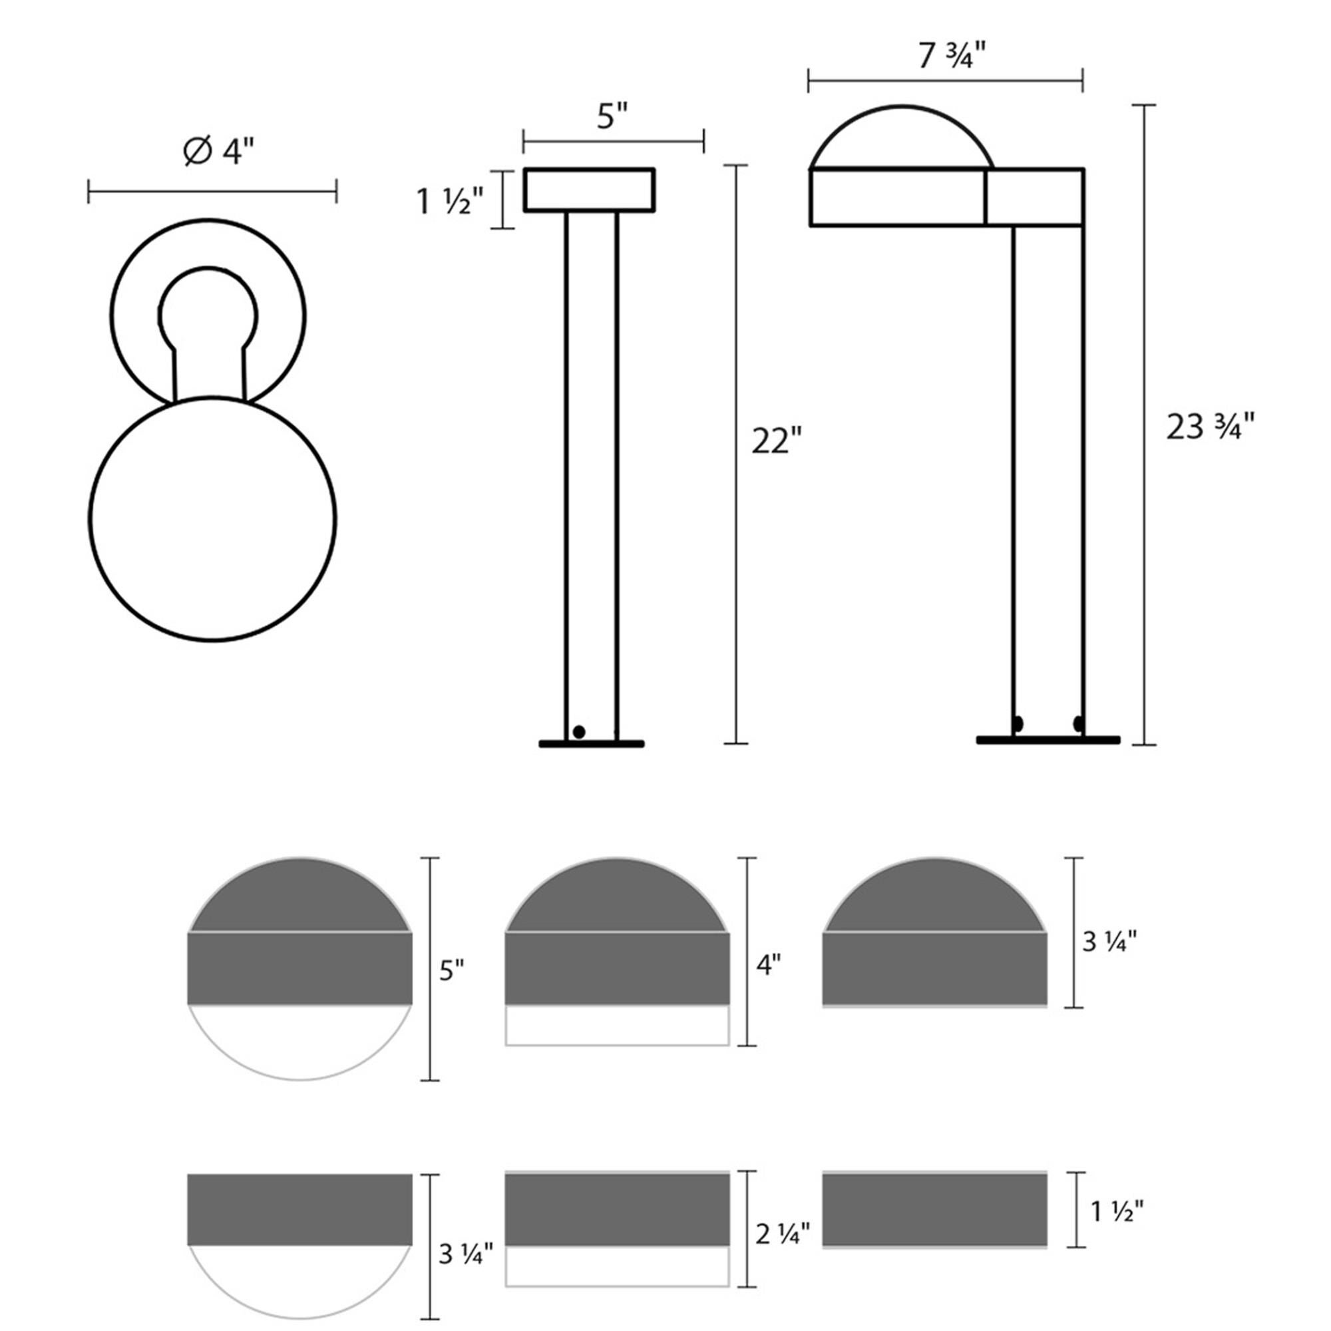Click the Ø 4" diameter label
(x=218, y=151)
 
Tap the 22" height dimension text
(x=777, y=441)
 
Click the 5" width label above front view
(x=612, y=116)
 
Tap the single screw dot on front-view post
(x=579, y=731)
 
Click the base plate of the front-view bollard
(x=591, y=744)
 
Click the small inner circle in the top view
(x=208, y=313)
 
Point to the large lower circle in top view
(x=212, y=520)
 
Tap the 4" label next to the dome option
(x=769, y=964)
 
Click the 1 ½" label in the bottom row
(x=1117, y=1211)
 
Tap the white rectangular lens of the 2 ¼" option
(x=617, y=1266)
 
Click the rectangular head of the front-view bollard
(x=589, y=190)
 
